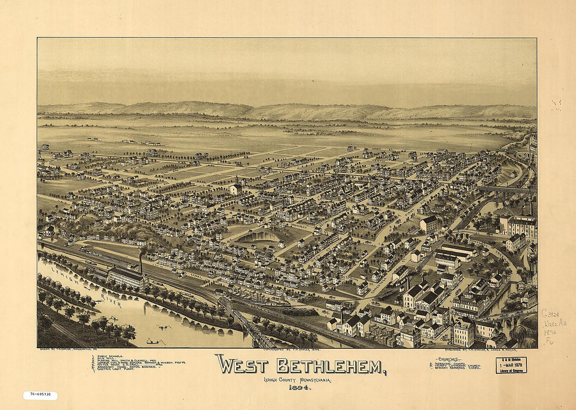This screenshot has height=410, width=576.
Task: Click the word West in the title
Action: (239, 365)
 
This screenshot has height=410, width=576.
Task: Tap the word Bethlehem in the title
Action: (331, 366)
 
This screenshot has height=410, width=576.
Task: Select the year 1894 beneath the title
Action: (297, 388)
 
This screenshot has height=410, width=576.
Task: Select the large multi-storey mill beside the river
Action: (127, 277)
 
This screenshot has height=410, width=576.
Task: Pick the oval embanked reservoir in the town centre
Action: (260, 237)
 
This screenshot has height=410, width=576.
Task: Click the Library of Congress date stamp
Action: (511, 365)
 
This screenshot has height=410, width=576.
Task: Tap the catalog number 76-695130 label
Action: (40, 395)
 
